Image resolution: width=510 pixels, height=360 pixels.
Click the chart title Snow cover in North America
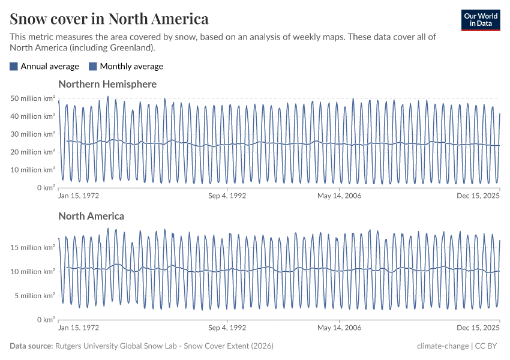tap(109, 19)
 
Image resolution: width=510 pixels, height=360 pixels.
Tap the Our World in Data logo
tap(480, 20)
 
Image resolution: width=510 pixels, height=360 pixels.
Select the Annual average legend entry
tap(44, 67)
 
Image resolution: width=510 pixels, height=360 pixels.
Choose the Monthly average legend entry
tap(126, 67)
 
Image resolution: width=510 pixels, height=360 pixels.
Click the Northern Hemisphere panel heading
tap(107, 84)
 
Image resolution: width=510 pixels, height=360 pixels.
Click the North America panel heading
tap(91, 216)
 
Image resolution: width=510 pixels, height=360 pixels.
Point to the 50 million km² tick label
tap(33, 98)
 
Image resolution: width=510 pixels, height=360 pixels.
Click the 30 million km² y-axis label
tap(33, 134)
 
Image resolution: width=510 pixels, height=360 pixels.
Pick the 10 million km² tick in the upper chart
tap(33, 170)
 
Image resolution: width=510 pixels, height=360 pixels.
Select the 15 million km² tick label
tap(33, 247)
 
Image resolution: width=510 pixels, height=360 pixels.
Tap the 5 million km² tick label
tap(35, 295)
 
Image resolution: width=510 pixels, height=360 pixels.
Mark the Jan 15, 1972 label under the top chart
tap(79, 196)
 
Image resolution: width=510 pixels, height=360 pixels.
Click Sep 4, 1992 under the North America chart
tap(227, 328)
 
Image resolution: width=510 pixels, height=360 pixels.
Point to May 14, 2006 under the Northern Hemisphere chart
tap(339, 196)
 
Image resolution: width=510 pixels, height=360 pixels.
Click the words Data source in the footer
tap(31, 346)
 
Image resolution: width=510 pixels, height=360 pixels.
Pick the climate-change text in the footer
tap(443, 346)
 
